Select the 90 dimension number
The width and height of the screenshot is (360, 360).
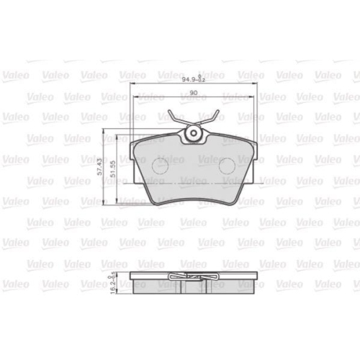[194, 94]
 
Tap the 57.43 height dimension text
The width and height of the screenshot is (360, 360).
[102, 166]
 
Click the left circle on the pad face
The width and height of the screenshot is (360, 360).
[160, 166]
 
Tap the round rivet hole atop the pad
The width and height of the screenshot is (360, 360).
[193, 135]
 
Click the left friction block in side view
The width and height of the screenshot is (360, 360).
[154, 284]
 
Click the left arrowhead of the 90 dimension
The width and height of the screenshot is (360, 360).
[136, 99]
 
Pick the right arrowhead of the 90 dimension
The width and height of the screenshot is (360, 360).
[250, 99]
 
